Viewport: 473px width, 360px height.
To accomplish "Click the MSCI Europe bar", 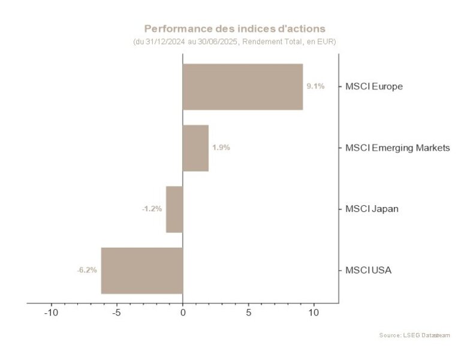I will pos(242,86).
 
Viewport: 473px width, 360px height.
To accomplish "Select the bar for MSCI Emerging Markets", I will pos(195,148).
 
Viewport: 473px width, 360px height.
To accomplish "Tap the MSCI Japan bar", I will pos(174,209).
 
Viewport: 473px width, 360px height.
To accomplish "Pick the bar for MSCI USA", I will pos(141,270).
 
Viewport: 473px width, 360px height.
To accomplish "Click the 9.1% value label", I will pos(315,86).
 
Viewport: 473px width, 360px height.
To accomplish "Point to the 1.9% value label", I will pos(221,148).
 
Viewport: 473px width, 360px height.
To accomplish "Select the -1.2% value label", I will pos(152,209).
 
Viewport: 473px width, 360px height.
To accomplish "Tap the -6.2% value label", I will pos(87,270).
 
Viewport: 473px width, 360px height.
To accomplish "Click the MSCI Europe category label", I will pos(373,86).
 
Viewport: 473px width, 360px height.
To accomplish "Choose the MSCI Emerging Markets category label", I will pos(397,148).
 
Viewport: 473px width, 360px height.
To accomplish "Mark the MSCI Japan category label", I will pos(372,209).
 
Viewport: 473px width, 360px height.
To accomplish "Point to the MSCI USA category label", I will pos(368,270).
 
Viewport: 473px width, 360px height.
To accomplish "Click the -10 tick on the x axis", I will pos(51,313).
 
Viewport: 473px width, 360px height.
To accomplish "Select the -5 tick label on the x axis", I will pos(117,313).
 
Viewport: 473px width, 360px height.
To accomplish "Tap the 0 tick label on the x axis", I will pos(183,313).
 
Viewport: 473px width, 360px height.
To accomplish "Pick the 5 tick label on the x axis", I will pos(248,313).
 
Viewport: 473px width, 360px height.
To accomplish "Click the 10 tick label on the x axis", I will pos(314,313).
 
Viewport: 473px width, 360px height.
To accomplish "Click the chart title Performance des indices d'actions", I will pos(235,28).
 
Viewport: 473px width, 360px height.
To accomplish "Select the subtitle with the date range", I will pos(234,42).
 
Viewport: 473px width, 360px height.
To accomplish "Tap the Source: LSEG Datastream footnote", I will pos(414,335).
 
